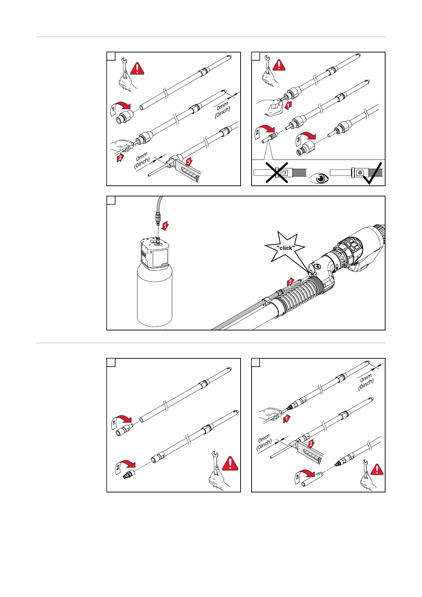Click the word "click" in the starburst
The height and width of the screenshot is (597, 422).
click(286, 248)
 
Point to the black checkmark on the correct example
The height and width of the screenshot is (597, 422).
click(372, 173)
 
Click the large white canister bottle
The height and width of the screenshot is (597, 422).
click(154, 298)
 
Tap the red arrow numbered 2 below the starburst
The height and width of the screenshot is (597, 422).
click(291, 282)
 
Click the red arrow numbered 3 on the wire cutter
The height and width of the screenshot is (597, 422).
click(189, 162)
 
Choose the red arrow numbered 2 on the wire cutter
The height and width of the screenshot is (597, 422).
click(310, 444)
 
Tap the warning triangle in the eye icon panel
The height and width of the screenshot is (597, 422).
click(279, 65)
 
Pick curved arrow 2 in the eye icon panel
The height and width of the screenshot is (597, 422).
click(266, 132)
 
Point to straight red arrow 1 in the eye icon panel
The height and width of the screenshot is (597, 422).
click(288, 105)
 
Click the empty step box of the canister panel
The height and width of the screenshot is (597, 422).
click(111, 200)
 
